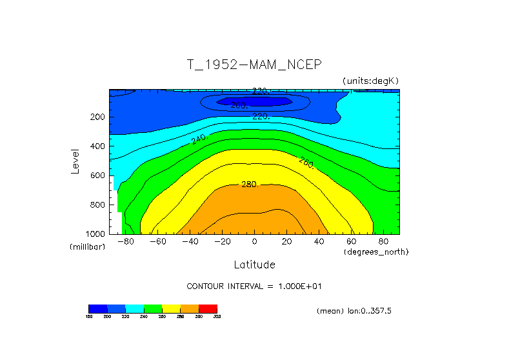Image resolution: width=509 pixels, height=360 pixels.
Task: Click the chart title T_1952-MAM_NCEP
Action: click(x=254, y=65)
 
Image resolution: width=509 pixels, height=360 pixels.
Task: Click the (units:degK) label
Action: click(x=371, y=80)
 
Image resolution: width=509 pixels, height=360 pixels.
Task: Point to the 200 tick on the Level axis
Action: click(x=97, y=117)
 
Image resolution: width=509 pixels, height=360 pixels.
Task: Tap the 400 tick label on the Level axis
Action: click(x=97, y=146)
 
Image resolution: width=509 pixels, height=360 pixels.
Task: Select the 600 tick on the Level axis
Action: click(x=97, y=175)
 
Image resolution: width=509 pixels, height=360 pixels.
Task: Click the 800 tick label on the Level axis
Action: click(x=97, y=205)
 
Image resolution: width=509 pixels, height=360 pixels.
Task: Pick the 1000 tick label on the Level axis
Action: click(x=95, y=234)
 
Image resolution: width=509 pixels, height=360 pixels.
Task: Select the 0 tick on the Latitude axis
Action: click(x=254, y=242)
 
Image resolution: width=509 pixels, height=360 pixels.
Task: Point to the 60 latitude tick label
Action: click(x=351, y=242)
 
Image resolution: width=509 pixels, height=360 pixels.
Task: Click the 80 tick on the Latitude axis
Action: click(x=383, y=242)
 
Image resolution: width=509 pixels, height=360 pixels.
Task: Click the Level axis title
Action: click(x=76, y=161)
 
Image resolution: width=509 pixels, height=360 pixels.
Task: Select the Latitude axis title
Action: click(x=254, y=265)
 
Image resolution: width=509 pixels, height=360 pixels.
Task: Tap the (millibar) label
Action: click(x=87, y=247)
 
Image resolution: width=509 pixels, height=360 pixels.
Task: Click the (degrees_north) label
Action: click(x=376, y=252)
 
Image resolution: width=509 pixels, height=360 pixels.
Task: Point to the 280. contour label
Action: click(x=250, y=185)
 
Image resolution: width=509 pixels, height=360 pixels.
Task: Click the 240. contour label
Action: click(x=199, y=139)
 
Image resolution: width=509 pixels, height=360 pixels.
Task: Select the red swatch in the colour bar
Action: click(x=208, y=308)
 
